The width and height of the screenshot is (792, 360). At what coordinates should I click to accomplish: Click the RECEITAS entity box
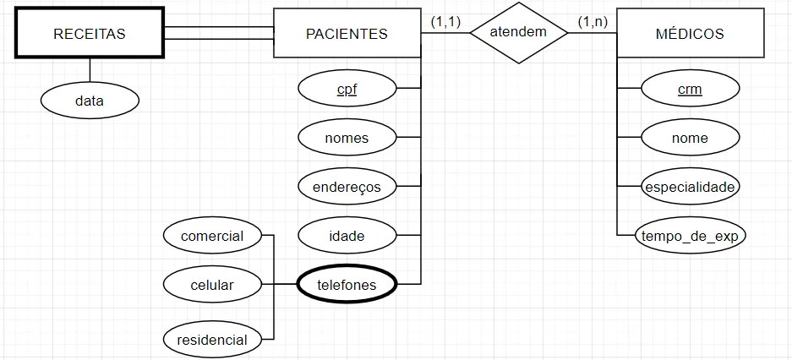pos(89,34)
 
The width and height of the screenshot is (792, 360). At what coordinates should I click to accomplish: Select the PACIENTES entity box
pos(347,34)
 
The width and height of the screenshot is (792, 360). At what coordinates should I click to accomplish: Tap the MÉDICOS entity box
pos(690,34)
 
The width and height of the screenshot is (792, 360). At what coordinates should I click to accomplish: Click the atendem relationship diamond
pos(519,33)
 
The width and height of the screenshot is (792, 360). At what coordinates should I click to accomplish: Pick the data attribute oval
pos(89,101)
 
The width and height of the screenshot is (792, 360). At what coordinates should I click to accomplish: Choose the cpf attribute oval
pos(347,87)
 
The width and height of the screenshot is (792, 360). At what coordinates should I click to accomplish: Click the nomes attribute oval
pos(347,137)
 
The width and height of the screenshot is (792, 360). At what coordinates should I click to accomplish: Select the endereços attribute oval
pos(347,187)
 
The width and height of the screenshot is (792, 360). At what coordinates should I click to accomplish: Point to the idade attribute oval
pos(347,236)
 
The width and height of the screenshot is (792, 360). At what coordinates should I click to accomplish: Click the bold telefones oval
pos(347,286)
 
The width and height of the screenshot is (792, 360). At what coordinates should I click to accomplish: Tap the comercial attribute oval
pos(212,236)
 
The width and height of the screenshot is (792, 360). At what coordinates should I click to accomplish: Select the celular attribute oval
pos(212,286)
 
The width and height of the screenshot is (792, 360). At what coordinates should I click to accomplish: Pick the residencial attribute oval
pos(212,340)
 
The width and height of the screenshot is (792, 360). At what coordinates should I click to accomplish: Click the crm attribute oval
pos(690,88)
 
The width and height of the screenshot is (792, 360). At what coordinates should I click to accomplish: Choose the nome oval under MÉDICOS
pos(690,137)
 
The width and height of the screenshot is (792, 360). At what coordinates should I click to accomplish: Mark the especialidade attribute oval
pos(690,187)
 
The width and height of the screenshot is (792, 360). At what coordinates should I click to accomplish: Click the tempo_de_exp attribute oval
pos(690,236)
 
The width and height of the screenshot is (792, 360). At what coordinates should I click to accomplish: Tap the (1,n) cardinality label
pos(592,21)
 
